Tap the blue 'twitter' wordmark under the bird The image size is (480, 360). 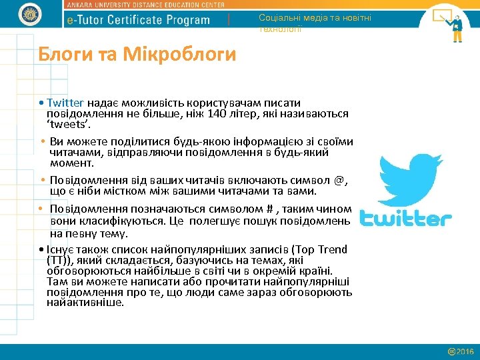pyautogui.click(x=406, y=219)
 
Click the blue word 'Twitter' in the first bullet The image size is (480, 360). pyautogui.click(x=65, y=103)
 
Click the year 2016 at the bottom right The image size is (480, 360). pyautogui.click(x=465, y=351)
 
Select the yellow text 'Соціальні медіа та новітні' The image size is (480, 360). pyautogui.click(x=315, y=18)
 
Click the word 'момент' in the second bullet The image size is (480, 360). pyautogui.click(x=72, y=162)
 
